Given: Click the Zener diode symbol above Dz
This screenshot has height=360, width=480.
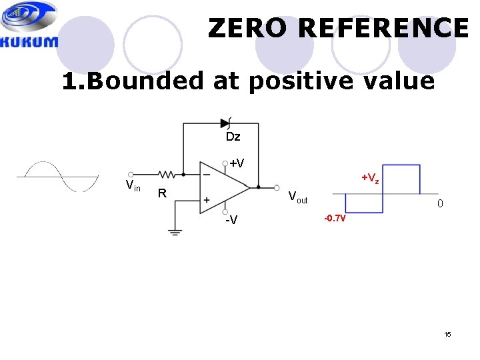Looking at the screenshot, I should [225, 123].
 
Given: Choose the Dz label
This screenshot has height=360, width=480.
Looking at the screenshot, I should [233, 137].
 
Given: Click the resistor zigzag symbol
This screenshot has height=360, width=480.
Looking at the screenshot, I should [166, 175].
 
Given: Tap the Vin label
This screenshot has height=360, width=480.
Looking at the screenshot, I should [133, 186].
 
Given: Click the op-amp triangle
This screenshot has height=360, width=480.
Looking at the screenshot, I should [223, 187].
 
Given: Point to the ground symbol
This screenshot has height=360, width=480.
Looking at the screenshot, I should [175, 232].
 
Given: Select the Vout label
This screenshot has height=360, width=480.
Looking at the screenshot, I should [297, 197].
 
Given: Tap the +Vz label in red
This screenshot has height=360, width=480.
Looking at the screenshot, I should [370, 179].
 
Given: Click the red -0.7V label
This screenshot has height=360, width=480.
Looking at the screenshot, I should [335, 218].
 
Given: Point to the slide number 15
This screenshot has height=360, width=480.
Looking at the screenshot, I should [447, 334].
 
